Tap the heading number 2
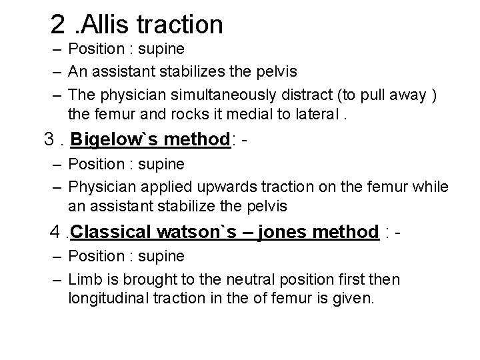(59, 25)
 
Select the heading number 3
(47, 141)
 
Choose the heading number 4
(55, 232)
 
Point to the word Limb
(85, 279)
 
